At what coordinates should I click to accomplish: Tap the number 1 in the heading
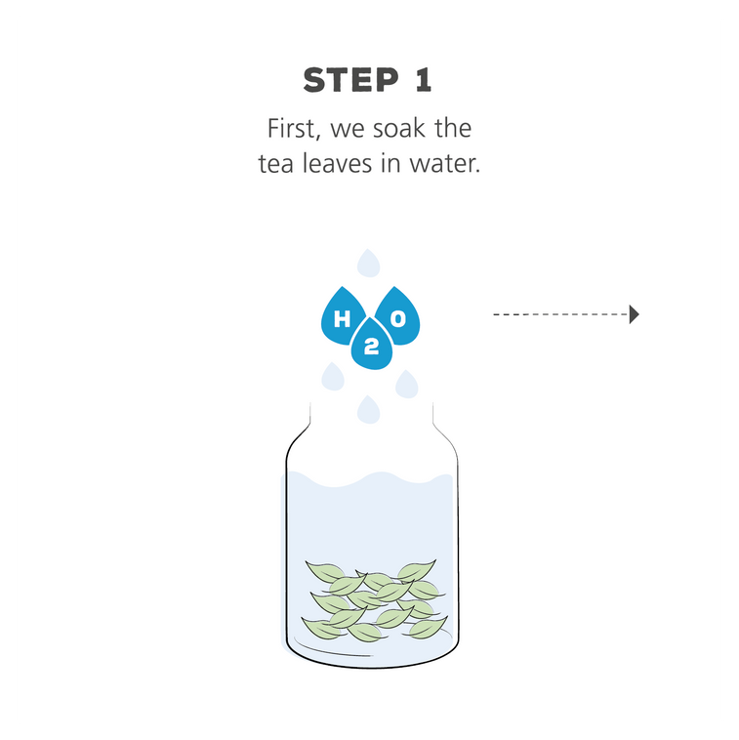pos(423,81)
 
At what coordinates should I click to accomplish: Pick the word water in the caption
pos(452,164)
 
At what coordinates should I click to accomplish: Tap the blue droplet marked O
pos(397,318)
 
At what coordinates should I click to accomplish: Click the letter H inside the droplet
pos(342,319)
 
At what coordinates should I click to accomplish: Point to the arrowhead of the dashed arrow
pos(635,314)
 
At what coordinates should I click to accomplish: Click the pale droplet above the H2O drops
pos(369,263)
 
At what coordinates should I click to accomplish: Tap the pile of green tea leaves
pos(372,600)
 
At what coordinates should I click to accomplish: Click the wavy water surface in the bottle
pos(371,477)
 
